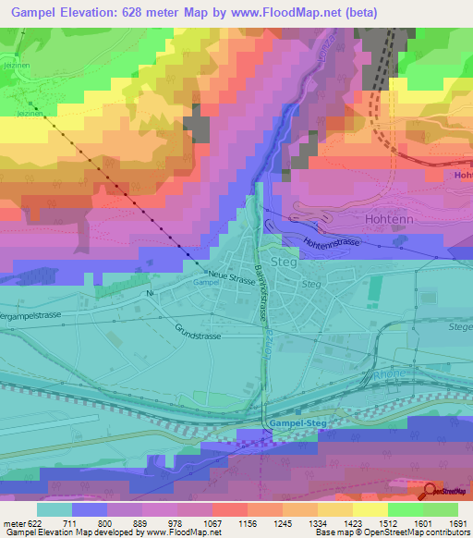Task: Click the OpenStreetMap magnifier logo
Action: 431,492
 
